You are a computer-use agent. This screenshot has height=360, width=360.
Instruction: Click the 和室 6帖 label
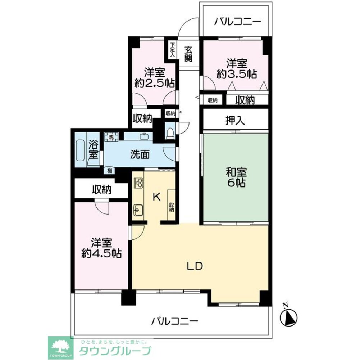coord(236,177)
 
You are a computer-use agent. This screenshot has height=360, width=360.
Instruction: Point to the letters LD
coord(195,266)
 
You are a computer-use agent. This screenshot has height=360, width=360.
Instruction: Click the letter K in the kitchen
coord(156,197)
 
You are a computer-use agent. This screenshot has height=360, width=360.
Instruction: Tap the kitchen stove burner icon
coord(138,183)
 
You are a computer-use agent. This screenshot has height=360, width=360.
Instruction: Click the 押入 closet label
coord(236,121)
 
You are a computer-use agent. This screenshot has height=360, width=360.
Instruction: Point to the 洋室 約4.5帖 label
coord(101,248)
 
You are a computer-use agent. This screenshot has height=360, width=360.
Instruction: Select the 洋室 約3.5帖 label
coord(237,69)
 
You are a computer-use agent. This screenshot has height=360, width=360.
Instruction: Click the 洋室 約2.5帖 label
coord(154,78)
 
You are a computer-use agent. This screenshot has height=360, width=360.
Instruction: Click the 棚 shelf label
coord(108,171)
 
